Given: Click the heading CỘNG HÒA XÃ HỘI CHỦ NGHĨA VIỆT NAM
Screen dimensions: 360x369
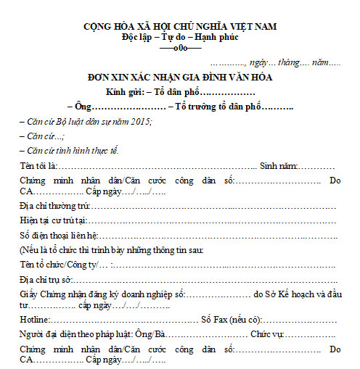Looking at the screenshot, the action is pos(180,27).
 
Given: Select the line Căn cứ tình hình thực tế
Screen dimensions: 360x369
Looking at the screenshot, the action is pos(70,150).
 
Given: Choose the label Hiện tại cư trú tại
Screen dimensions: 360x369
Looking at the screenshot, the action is pos(53,220).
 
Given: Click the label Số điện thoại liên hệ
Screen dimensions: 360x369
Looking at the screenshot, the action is pos(57,236).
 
